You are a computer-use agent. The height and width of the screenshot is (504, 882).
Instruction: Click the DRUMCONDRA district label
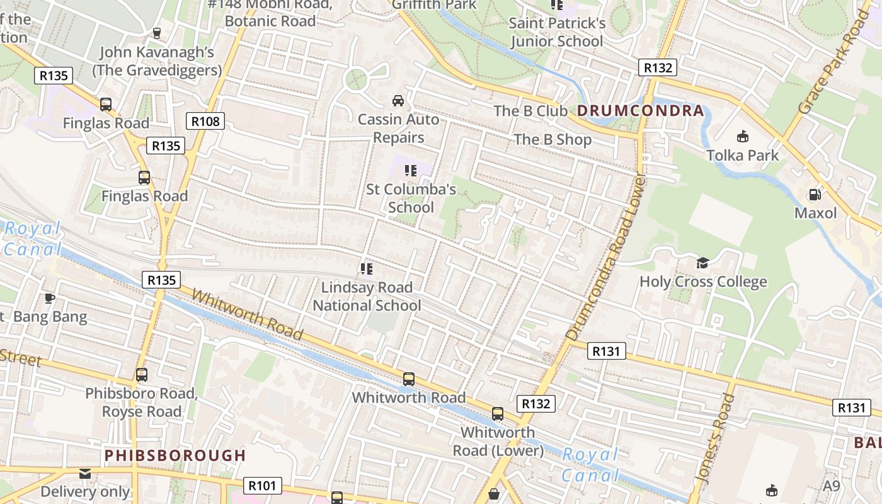(x=640, y=111)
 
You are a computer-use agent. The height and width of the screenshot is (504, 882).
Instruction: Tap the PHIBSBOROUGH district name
(x=175, y=455)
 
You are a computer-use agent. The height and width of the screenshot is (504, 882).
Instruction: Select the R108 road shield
(x=205, y=121)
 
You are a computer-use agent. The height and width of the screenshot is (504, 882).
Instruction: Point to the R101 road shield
(x=262, y=486)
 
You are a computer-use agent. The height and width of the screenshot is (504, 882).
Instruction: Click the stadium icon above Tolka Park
(x=743, y=136)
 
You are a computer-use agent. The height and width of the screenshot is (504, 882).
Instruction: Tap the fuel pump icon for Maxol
(x=815, y=195)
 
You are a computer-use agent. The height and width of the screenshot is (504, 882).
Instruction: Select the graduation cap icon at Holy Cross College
(x=702, y=263)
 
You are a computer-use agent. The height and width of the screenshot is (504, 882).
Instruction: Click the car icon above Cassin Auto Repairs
(x=398, y=101)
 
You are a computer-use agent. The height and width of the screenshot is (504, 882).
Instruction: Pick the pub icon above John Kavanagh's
(x=157, y=33)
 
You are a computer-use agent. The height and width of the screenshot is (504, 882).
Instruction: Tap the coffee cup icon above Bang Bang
(x=50, y=298)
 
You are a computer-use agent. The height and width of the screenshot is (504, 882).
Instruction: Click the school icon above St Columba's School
(x=411, y=170)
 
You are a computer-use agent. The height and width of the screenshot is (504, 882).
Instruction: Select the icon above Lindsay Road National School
(x=367, y=269)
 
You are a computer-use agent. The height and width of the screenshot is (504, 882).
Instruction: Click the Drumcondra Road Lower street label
(x=606, y=258)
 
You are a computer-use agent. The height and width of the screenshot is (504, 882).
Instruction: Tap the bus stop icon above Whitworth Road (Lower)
(x=498, y=414)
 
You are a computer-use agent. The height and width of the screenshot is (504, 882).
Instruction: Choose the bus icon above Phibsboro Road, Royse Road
(x=142, y=375)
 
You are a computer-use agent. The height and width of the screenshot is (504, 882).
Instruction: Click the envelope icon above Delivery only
(x=85, y=473)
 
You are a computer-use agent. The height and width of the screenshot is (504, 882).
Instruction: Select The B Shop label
(x=553, y=139)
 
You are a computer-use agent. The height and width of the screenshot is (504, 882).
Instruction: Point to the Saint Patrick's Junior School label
(x=557, y=32)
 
